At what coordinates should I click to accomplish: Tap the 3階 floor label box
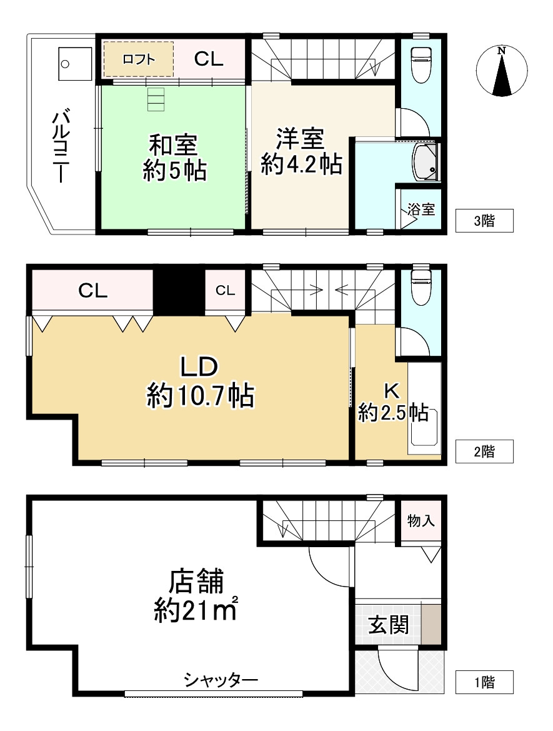pyautogui.click(x=484, y=220)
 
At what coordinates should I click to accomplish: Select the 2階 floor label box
pyautogui.click(x=484, y=451)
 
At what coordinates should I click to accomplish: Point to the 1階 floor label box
pyautogui.click(x=484, y=682)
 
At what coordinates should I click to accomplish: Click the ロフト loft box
pyautogui.click(x=138, y=59)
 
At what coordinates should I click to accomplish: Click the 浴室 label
pyautogui.click(x=421, y=209)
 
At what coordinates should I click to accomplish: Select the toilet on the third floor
pyautogui.click(x=421, y=63)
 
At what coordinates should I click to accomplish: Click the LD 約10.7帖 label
pyautogui.click(x=199, y=382)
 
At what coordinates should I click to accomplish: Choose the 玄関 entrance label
pyautogui.click(x=388, y=625)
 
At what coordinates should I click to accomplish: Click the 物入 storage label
pyautogui.click(x=421, y=520)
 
